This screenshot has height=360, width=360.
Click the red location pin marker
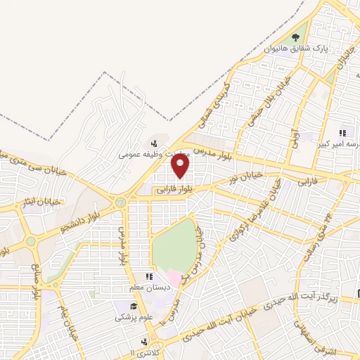(181, 166)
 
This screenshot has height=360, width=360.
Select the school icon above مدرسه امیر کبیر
(343, 133)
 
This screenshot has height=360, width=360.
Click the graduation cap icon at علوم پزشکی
(131, 307)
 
